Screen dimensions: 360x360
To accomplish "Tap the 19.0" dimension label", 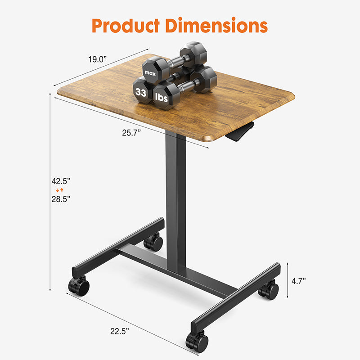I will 98,59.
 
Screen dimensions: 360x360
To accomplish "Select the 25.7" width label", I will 132,132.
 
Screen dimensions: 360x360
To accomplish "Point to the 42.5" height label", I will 61,180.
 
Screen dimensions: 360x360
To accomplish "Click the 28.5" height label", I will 61,198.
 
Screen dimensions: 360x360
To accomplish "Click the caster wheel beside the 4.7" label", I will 269,289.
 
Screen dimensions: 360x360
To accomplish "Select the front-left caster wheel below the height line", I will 78,286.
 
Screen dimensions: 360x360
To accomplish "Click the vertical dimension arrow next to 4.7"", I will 288,281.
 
